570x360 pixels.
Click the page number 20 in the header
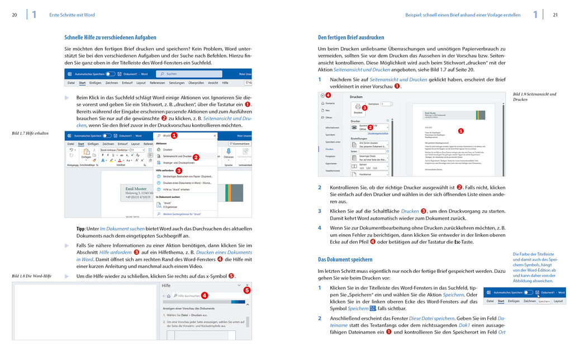point(15,15)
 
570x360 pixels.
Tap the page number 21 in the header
point(555,15)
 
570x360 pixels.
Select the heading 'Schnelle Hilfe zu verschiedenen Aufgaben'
point(110,37)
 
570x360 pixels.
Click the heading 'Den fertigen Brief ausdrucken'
point(351,37)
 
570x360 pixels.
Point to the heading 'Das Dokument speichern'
point(345,259)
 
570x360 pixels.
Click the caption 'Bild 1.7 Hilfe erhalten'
point(30,134)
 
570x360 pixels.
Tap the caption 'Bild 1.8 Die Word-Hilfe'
point(32,276)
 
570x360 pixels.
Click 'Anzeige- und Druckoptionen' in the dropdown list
point(179,163)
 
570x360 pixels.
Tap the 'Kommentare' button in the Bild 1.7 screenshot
point(239,144)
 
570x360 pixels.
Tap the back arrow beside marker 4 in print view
point(322,96)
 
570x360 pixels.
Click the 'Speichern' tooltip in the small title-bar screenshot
point(544,301)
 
